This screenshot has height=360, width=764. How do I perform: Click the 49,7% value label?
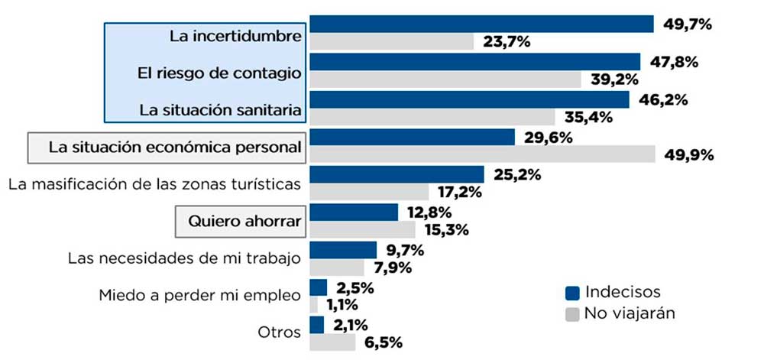[688, 24]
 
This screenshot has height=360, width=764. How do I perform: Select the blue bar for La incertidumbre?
[481, 24]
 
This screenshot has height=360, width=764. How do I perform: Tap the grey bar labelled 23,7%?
[392, 42]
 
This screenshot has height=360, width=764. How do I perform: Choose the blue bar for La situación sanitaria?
[469, 99]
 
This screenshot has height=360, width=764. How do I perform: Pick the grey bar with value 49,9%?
[482, 154]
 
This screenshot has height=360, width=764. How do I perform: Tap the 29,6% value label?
[545, 137]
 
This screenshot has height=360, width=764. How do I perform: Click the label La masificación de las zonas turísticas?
[154, 185]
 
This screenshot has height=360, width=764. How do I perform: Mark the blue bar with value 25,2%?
[397, 174]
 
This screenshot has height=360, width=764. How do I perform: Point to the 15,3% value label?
[448, 230]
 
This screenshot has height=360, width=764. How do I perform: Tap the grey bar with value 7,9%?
[337, 268]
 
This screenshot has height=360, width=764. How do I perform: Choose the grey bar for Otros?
[332, 342]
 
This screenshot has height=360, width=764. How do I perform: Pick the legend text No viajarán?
[629, 313]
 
